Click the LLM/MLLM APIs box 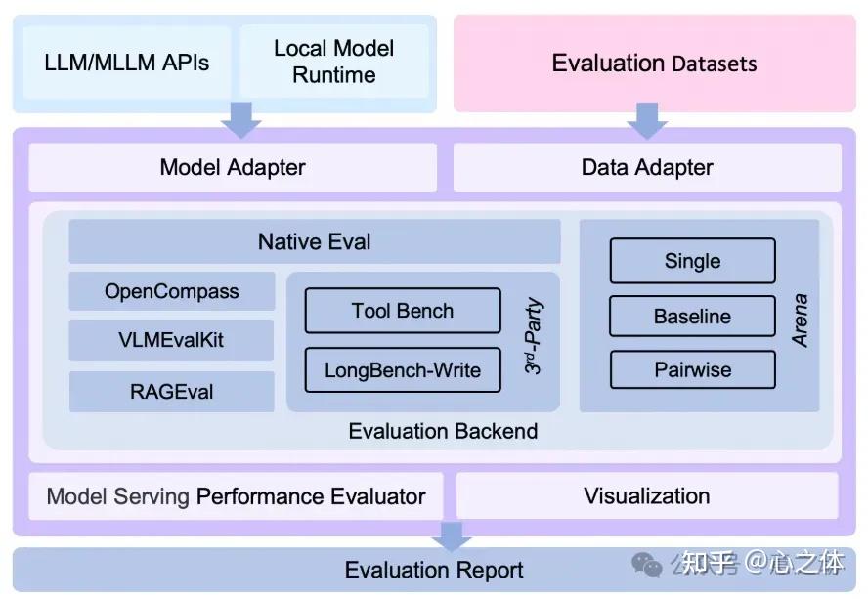(127, 62)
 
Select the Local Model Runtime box (333, 62)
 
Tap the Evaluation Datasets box (654, 64)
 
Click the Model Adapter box (233, 167)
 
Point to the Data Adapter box (647, 167)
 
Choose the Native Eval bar (315, 241)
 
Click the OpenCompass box (172, 291)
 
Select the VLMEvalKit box (172, 340)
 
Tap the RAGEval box (172, 392)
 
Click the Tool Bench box (403, 311)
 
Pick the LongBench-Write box (403, 369)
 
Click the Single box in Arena (692, 261)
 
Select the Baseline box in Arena (692, 316)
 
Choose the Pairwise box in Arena (692, 369)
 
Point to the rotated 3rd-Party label (533, 336)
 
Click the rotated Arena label (800, 321)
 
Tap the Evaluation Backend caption (443, 431)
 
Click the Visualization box (647, 496)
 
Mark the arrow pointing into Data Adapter (647, 120)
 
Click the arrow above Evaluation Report (453, 535)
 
